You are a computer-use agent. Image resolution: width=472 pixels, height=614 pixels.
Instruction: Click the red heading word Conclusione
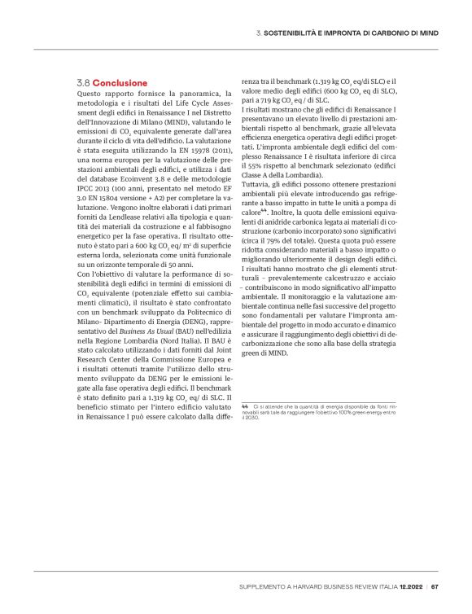point(120,83)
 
